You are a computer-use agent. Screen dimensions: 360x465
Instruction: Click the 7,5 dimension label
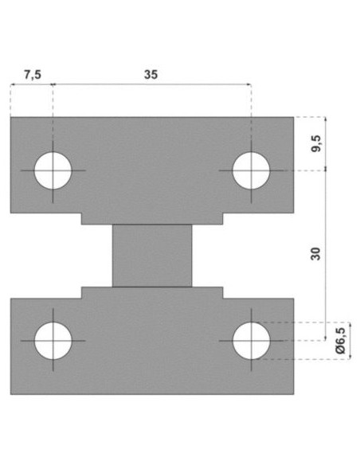[33, 74]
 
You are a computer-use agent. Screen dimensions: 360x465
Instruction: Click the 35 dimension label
[151, 74]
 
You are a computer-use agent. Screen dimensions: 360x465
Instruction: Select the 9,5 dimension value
[316, 143]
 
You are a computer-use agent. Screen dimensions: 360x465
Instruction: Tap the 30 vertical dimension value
[315, 253]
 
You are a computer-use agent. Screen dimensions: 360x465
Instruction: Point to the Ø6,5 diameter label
[340, 341]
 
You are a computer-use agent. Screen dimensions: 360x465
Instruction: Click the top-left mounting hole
[53, 170]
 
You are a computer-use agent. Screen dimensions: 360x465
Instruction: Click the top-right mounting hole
[251, 170]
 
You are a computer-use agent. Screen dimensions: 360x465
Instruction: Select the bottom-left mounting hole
[53, 341]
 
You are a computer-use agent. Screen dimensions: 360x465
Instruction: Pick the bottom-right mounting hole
[251, 341]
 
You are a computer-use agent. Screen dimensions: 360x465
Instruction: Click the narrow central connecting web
[152, 256]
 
